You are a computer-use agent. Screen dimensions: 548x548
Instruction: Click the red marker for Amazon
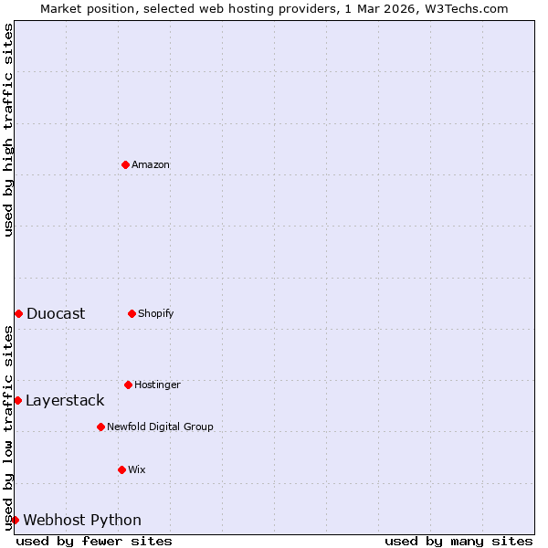pos(125,164)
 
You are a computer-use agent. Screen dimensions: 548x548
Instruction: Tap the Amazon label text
pos(151,165)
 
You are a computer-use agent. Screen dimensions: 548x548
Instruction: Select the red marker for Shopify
pos(132,313)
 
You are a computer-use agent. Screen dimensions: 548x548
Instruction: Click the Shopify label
pos(155,314)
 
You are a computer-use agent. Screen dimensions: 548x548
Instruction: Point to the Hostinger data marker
pos(128,385)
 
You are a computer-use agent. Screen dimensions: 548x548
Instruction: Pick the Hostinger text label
pos(157,385)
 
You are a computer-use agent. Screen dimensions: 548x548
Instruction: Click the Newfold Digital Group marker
pos(100,427)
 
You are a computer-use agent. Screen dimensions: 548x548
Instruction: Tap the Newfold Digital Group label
pos(160,427)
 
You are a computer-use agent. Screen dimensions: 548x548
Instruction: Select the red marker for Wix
pos(121,469)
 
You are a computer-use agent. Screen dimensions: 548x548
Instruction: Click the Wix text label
pos(136,470)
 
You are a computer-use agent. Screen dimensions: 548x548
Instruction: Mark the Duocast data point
pos(18,313)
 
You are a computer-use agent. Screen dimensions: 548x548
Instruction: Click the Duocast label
pos(56,314)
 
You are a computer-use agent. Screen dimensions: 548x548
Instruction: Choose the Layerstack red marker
pos(17,400)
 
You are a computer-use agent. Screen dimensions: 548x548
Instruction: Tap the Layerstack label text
pos(65,401)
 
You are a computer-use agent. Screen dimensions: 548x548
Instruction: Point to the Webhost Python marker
pos(15,520)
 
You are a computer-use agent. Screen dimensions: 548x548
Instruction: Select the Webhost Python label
pos(82,521)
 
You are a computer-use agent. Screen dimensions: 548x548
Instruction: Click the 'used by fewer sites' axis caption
pos(94,541)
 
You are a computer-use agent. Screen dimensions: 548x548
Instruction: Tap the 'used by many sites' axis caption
pos(458,541)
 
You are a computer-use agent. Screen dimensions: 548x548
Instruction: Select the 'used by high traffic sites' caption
pos(8,130)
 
